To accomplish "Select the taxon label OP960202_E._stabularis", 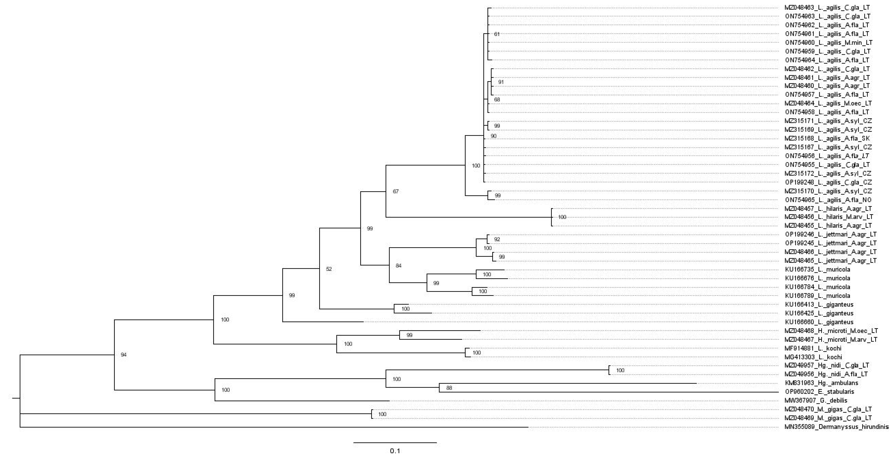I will click(819, 392).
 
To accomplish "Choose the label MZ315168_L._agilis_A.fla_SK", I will click(827, 138).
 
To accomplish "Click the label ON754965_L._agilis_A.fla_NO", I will click(828, 200).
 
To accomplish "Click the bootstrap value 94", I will click(123, 355).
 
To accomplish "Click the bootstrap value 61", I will click(497, 34).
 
